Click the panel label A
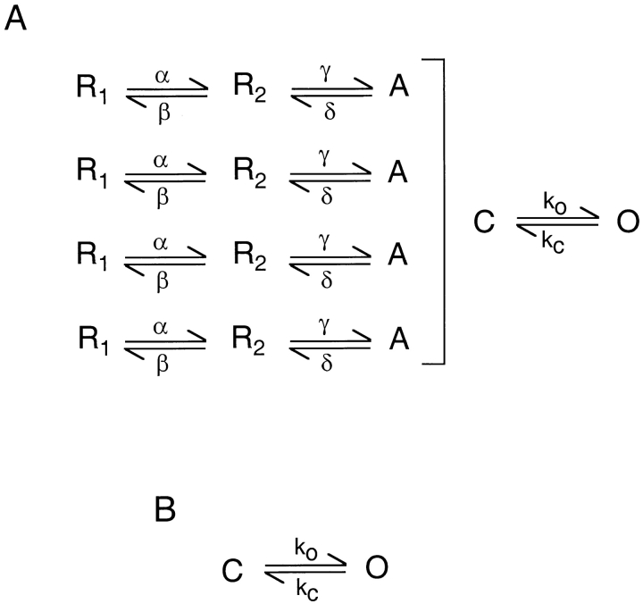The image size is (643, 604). point(17,19)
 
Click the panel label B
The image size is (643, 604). point(165,509)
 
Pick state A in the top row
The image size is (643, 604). point(397,88)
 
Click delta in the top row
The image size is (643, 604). point(327,111)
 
